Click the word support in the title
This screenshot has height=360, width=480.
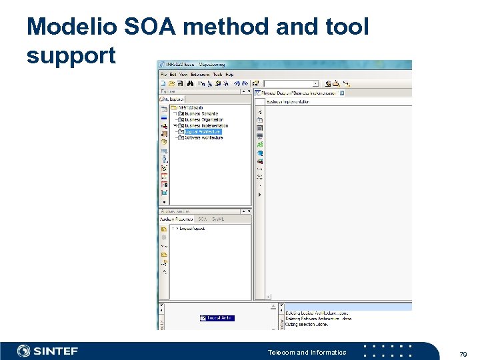coord(71,55)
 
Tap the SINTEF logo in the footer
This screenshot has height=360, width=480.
coord(47,351)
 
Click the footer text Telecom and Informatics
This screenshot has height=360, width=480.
coord(307,352)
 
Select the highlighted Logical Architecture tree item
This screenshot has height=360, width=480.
coord(203,132)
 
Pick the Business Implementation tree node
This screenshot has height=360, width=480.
coord(206,125)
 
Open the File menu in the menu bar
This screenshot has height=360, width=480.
coord(163,74)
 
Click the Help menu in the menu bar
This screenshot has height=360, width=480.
coord(229,74)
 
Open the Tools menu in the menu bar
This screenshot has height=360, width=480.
coord(217,74)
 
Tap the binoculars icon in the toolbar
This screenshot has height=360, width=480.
coord(191,84)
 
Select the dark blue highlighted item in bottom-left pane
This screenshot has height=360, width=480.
coord(217,319)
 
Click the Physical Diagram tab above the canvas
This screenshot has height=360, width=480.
coord(300,93)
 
